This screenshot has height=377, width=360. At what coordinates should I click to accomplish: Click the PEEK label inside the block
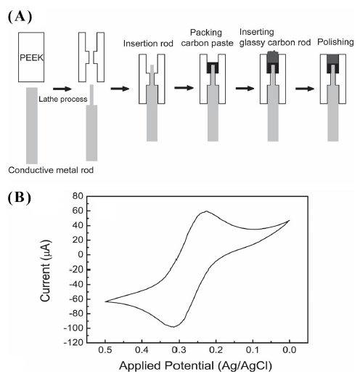31,57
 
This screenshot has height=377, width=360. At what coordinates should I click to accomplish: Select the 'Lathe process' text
63,99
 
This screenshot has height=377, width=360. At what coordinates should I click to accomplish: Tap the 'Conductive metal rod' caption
51,170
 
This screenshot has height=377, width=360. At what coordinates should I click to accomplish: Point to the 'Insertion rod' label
148,44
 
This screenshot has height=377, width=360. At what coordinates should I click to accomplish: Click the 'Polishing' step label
335,42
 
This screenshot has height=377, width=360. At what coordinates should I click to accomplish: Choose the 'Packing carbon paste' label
207,38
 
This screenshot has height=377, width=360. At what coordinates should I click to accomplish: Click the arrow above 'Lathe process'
62,89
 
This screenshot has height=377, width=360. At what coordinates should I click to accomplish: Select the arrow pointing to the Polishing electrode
305,89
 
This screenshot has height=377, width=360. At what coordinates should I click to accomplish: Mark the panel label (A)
20,17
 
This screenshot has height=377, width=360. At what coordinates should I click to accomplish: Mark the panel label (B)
20,198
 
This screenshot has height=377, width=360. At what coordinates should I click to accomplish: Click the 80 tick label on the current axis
78,196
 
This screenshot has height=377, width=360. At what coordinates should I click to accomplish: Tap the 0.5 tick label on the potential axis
105,350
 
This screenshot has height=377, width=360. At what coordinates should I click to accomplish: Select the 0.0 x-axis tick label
290,350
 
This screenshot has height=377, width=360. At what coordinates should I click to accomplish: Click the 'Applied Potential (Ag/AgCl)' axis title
195,365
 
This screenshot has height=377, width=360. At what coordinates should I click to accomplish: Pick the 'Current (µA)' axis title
46,271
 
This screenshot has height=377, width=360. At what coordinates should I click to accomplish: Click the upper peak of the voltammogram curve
206,211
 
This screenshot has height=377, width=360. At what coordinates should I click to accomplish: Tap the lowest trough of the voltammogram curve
173,327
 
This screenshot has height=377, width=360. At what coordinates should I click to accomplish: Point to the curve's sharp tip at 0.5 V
105,301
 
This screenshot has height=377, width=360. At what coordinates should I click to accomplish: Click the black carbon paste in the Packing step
213,68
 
